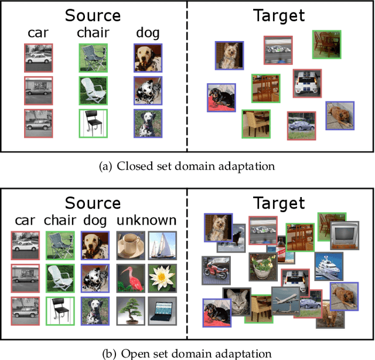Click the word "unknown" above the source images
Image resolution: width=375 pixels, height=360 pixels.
[x=146, y=220]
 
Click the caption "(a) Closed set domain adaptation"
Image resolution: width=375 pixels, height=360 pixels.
[x=187, y=166]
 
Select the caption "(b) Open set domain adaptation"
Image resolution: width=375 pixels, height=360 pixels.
[x=187, y=353]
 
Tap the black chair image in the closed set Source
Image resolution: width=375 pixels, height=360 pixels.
[x=93, y=124]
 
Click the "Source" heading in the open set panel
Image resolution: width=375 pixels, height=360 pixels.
[x=93, y=203]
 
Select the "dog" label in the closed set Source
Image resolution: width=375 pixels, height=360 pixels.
[x=147, y=33]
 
